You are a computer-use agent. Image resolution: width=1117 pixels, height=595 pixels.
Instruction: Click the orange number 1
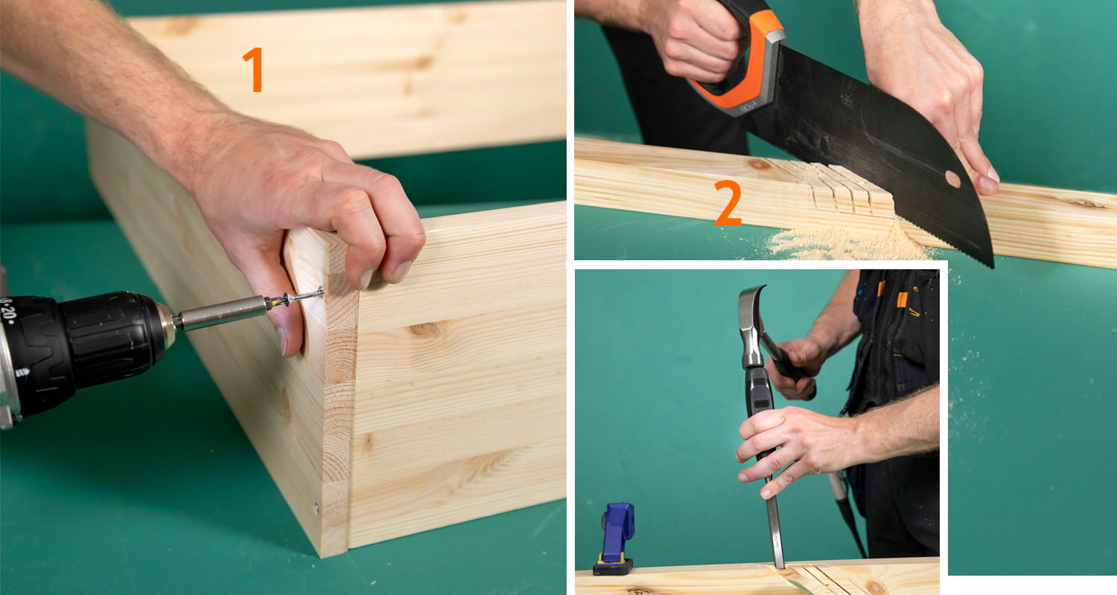pos(254,70)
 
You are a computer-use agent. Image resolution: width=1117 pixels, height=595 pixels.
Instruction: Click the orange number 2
pos(728,202)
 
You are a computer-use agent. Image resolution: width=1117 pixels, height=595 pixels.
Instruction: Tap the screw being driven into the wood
pos(302,297)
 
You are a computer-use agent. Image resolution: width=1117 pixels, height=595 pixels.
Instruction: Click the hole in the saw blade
pos(952,179)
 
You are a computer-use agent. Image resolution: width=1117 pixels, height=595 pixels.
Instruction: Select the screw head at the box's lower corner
pos(316,507)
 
